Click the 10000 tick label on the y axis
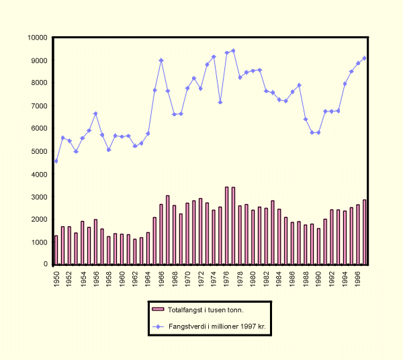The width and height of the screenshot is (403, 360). [x=38, y=38]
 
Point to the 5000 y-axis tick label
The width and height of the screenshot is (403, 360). [x=40, y=151]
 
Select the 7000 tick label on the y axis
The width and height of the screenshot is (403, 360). [x=40, y=106]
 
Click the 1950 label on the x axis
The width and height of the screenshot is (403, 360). [x=56, y=277]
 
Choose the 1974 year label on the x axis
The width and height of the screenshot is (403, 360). [x=214, y=277]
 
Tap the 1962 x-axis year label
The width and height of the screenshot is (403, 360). [x=135, y=277]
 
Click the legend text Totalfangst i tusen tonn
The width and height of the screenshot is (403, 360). [x=206, y=309]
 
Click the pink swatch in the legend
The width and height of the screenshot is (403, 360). [x=158, y=309]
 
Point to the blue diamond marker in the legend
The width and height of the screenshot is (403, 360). [x=158, y=326]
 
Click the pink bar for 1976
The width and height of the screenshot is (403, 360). [x=227, y=226]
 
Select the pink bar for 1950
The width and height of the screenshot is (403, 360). [x=56, y=250]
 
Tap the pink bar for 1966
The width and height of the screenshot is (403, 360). [x=161, y=234]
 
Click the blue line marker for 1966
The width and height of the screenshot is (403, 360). [x=161, y=60]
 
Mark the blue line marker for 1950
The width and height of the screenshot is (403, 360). [x=56, y=161]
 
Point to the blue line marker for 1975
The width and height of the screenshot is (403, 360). [x=220, y=102]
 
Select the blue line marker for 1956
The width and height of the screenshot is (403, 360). [x=95, y=114]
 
